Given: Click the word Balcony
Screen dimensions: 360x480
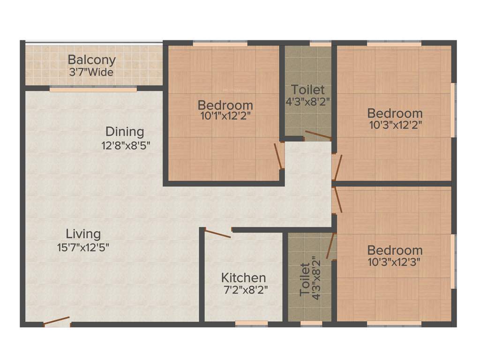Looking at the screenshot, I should [91, 60].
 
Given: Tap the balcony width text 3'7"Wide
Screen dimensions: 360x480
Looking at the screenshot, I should [91, 73].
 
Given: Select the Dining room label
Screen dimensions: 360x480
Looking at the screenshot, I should [124, 131].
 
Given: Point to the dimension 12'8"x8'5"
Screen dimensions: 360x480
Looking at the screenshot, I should [126, 145].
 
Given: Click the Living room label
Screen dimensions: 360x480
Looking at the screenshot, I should [83, 233].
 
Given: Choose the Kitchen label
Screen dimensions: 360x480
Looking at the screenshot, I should [243, 277].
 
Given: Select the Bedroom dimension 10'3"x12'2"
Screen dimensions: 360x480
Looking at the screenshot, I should [395, 125].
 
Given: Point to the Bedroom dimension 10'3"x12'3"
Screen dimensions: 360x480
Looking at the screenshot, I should [395, 262].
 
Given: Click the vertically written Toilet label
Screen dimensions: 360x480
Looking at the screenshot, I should [305, 279].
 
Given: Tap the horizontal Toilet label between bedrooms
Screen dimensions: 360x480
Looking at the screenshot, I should [307, 89].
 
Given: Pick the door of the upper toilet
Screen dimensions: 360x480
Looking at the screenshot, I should [317, 135].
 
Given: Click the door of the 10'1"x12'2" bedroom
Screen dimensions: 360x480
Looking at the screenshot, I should [278, 156].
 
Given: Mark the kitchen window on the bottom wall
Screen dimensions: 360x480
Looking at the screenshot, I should [251, 323].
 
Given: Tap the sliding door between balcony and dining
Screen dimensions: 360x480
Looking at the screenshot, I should [93, 89].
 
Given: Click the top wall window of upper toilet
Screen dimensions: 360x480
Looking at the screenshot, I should [321, 44].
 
